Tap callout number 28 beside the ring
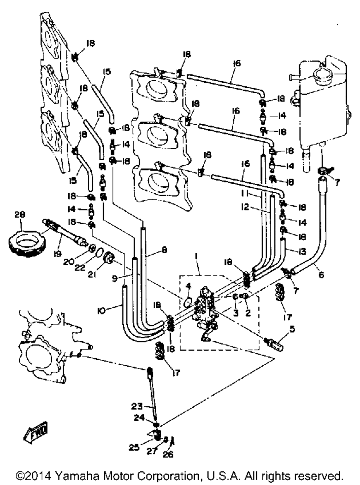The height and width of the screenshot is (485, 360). (20, 214)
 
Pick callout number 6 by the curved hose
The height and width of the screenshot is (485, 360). (321, 275)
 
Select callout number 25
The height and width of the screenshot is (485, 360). (134, 447)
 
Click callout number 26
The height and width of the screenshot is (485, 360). (168, 454)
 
